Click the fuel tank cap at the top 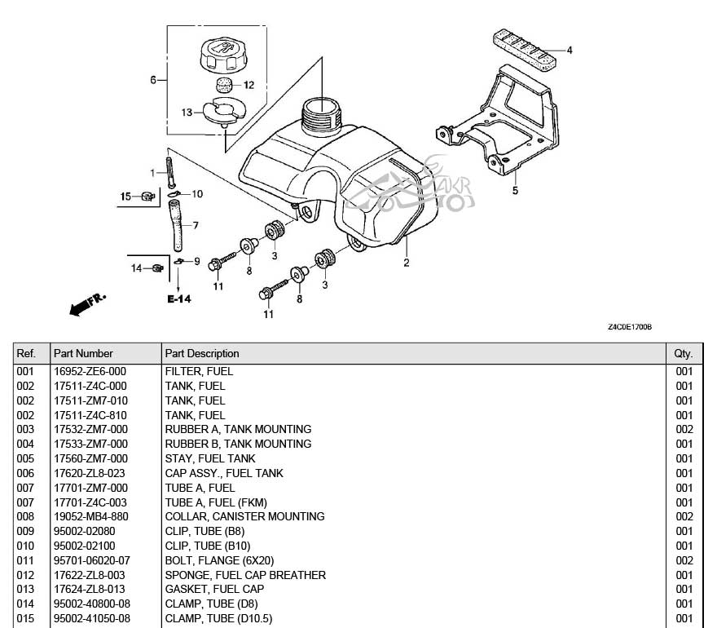pyautogui.click(x=221, y=53)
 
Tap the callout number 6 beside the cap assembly pyautogui.click(x=152, y=80)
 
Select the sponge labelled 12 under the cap pyautogui.click(x=226, y=84)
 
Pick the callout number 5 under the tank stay pyautogui.click(x=515, y=191)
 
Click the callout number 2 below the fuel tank pyautogui.click(x=407, y=263)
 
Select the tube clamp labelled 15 pyautogui.click(x=147, y=196)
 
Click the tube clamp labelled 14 pyautogui.click(x=156, y=268)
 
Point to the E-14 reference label pyautogui.click(x=179, y=299)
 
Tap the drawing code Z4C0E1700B pyautogui.click(x=629, y=327)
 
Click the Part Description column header pyautogui.click(x=202, y=353)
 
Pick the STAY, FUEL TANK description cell pyautogui.click(x=199, y=458)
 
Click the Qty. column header pyautogui.click(x=684, y=353)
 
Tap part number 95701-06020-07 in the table pyautogui.click(x=91, y=560)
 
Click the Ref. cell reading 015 pyautogui.click(x=26, y=619)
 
